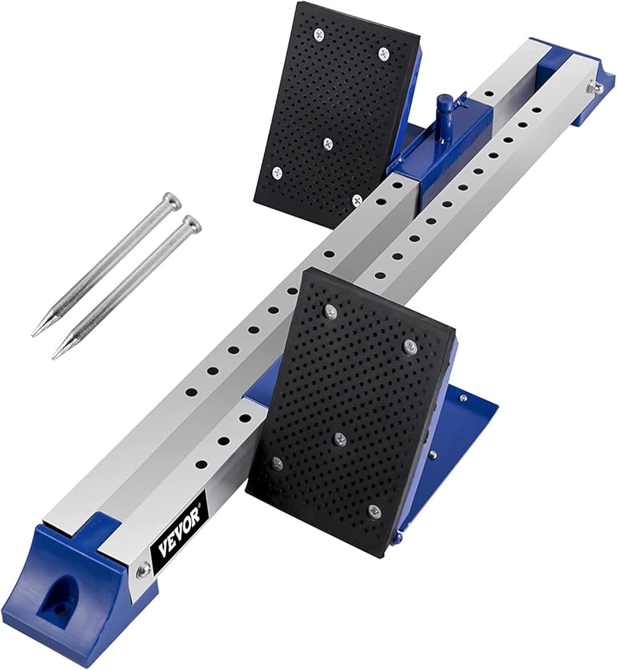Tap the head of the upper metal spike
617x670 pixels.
point(173,199)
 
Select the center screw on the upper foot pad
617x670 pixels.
point(328,143)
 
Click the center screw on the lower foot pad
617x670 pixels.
point(340,438)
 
